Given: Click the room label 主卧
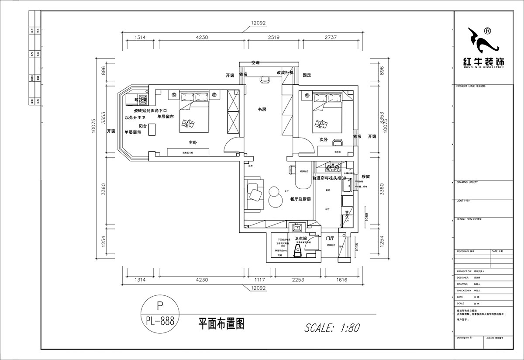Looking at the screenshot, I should [x=193, y=142].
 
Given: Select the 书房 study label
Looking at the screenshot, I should [x=262, y=110].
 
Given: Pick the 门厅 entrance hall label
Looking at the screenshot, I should [x=330, y=238].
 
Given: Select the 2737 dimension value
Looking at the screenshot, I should [x=331, y=38].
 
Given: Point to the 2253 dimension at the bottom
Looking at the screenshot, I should [x=298, y=280].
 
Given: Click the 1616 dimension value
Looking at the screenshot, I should [x=341, y=280].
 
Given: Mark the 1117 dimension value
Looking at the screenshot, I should [x=260, y=280].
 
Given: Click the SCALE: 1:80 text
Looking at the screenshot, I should [x=332, y=327].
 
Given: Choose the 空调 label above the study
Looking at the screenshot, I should [x=255, y=63].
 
